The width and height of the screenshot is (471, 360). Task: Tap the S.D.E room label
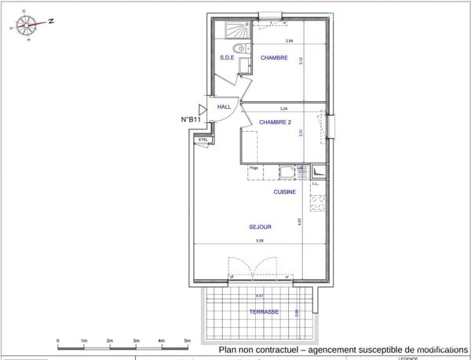coord(228,57)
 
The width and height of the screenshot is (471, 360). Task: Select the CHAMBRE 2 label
coord(275,122)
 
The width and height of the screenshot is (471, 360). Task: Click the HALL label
coord(224,107)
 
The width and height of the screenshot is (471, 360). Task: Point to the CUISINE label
coord(284,192)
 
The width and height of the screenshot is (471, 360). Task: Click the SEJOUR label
coord(260,227)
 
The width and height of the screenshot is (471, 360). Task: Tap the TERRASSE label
coord(264,311)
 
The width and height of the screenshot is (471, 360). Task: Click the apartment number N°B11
coord(192,119)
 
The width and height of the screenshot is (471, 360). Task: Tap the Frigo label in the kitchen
coord(254,168)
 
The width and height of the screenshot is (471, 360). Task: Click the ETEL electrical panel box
coord(203,140)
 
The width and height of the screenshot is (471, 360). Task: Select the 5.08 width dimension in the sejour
coord(260,240)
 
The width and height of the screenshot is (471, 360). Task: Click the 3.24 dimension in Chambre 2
coord(283,107)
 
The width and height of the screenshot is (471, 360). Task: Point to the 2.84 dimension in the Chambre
coord(289,41)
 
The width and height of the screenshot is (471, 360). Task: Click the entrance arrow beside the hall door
coord(202,110)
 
